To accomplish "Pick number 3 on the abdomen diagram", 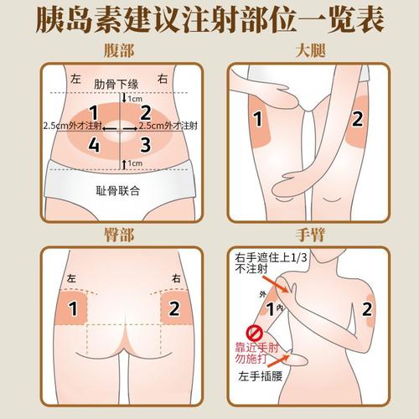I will click(145, 143).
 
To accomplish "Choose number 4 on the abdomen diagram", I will click(94, 143).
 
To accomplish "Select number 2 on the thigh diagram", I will click(356, 118).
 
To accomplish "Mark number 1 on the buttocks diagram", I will click(73, 308).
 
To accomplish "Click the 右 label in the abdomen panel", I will click(164, 78).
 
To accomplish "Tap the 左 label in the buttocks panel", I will click(70, 277).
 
